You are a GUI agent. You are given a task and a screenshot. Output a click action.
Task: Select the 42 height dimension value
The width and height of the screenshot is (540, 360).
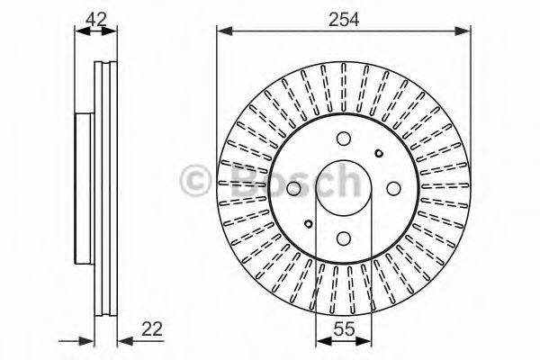(x=94, y=17)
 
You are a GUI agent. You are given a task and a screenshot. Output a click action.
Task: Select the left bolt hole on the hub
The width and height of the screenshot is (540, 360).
(x=293, y=188)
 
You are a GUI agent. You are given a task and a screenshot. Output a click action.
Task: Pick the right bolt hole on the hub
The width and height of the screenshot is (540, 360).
(x=392, y=188)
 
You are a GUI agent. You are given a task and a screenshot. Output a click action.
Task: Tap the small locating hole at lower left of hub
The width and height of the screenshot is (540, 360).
(x=308, y=224)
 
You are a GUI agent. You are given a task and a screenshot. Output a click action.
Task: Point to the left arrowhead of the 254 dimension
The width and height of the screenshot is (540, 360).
(x=222, y=31)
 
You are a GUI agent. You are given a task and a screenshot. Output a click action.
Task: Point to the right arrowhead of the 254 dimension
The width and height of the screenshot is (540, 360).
(x=465, y=31)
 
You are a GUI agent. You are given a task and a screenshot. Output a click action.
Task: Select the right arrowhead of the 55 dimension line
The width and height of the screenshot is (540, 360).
(x=364, y=341)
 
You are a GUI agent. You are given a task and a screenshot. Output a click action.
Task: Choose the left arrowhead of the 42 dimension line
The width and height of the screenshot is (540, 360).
(x=78, y=32)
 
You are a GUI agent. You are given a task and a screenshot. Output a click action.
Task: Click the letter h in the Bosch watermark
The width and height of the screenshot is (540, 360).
(x=343, y=181)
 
